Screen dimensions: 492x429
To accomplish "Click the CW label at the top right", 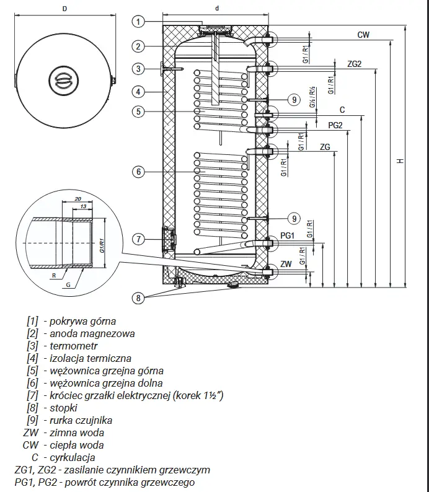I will tap(363, 35).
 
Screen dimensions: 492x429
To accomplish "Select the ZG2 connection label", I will tap(354, 64).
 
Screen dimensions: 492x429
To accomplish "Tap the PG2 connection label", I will tap(336, 125).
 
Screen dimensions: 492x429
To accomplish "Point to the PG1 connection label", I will tap(287, 235).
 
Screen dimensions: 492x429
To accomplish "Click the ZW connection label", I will tap(285, 265).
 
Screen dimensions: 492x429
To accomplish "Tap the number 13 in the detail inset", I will tap(82, 206).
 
